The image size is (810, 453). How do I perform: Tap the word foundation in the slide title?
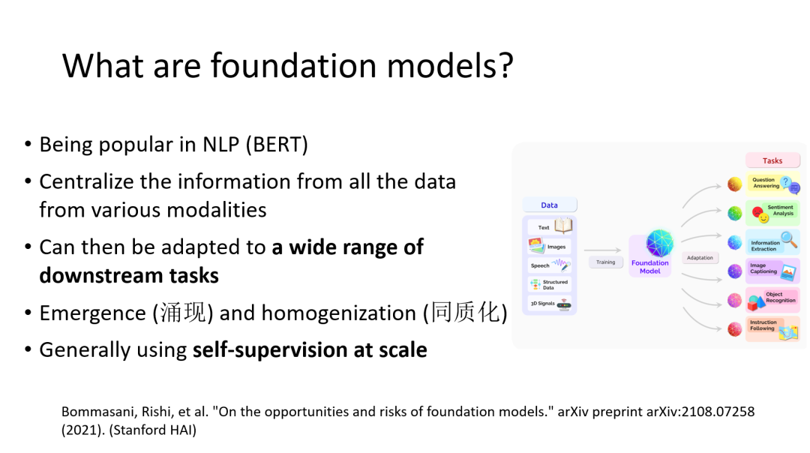(x=293, y=65)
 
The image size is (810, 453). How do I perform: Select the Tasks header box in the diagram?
(x=772, y=160)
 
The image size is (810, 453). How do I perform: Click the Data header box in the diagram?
(x=549, y=205)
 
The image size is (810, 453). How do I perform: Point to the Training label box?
(x=605, y=262)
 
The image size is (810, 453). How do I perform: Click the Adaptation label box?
(x=700, y=258)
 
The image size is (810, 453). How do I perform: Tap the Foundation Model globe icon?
(x=659, y=243)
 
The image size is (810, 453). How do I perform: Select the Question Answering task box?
(x=772, y=183)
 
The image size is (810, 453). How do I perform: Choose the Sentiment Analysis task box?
(x=772, y=212)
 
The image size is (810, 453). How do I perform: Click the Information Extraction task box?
(x=772, y=241)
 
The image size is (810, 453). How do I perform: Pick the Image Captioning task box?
(x=772, y=271)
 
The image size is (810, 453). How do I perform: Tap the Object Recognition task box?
(x=772, y=299)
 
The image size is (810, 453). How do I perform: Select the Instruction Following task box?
(x=772, y=328)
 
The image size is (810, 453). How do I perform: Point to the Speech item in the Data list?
(x=550, y=265)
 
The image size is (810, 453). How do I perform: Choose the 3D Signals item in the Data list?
(x=550, y=304)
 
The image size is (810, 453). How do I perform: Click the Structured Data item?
(x=550, y=284)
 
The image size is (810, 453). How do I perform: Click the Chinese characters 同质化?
(x=465, y=313)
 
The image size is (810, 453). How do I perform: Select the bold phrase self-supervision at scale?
(x=310, y=350)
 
